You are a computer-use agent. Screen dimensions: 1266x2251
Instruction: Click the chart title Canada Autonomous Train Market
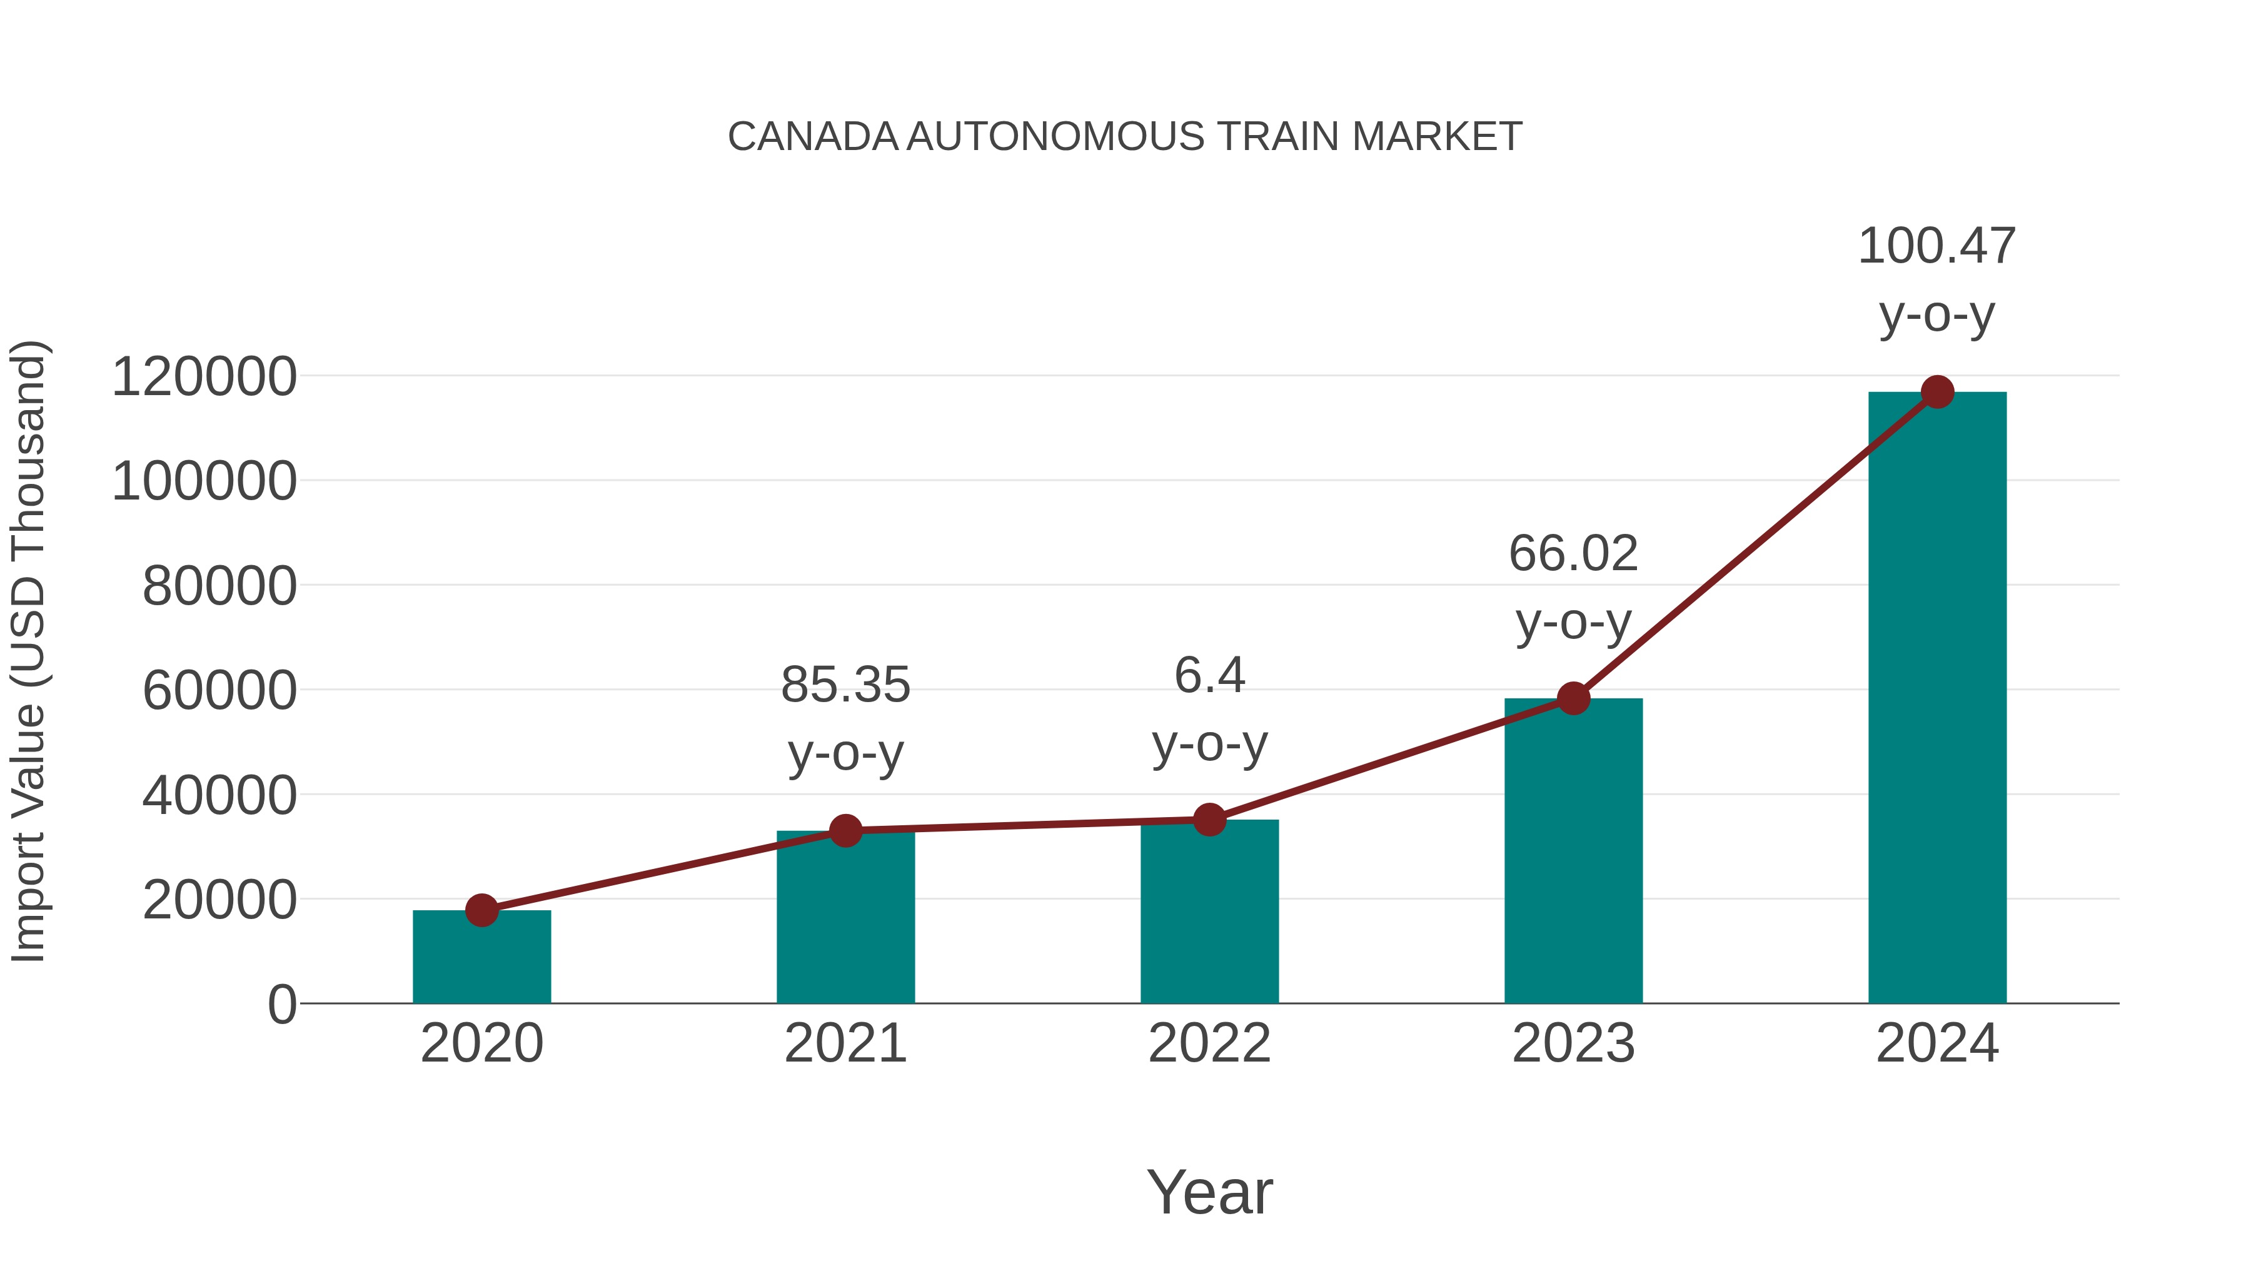pos(1125,137)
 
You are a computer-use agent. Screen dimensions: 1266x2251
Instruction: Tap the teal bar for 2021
pos(845,917)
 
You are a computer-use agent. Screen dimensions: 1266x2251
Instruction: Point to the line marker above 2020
pos(481,910)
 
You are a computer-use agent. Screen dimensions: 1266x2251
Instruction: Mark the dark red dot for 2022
pos(1209,820)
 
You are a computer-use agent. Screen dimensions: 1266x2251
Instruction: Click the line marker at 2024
pos(1937,392)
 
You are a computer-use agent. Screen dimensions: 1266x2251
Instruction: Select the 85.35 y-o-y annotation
pos(845,718)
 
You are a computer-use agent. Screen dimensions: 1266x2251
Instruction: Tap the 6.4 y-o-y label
pos(1209,710)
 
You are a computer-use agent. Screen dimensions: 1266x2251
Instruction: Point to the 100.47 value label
pos(1936,246)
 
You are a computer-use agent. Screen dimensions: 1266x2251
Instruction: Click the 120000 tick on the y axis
pos(204,378)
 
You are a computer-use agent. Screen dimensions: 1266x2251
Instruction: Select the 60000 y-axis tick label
pos(219,691)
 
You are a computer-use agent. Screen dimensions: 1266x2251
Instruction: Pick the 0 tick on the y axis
pos(281,1005)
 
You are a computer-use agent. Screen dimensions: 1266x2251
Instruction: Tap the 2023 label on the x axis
pos(1573,1044)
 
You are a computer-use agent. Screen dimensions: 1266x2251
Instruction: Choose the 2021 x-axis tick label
pos(845,1044)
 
